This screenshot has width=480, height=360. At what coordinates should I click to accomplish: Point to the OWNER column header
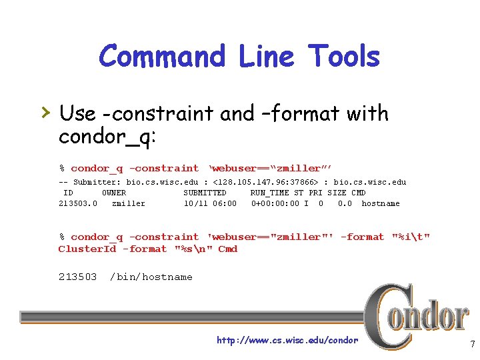113,193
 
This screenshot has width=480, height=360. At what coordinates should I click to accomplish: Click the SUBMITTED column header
205,193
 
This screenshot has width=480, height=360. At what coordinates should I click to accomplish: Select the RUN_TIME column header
269,193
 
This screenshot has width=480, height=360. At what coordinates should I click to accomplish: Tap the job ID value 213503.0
78,203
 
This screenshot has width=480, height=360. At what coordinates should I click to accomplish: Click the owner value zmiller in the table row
128,203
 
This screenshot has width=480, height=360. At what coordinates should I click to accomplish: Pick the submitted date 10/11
195,203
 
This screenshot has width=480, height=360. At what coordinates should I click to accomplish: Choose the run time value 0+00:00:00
275,203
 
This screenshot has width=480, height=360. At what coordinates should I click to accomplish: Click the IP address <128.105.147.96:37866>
266,182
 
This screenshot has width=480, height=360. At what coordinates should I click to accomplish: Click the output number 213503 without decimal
77,277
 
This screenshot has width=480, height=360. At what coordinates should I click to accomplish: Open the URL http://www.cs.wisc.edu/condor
287,340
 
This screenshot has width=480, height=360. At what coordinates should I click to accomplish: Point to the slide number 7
471,345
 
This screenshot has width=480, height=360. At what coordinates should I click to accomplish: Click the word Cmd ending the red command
227,249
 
